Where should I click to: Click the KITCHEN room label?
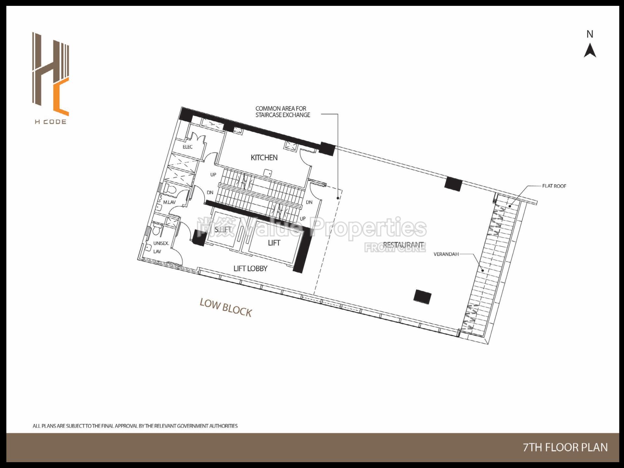[264, 158]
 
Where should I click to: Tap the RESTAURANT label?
[403, 245]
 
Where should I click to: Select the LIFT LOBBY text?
[250, 268]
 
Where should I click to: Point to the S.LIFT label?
[223, 230]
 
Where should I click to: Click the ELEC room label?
[188, 147]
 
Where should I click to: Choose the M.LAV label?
[169, 202]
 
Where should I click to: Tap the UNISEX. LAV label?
[161, 247]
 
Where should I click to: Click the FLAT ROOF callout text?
[554, 186]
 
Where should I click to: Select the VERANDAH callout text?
[446, 254]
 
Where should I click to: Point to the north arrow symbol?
[590, 51]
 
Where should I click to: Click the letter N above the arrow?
[590, 34]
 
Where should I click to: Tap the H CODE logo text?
[51, 122]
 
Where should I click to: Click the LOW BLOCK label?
[226, 307]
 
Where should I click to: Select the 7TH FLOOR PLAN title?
[565, 448]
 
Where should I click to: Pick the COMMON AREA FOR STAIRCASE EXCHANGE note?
[282, 111]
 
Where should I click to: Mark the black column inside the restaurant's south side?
[422, 296]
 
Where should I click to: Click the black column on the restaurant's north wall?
[453, 184]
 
